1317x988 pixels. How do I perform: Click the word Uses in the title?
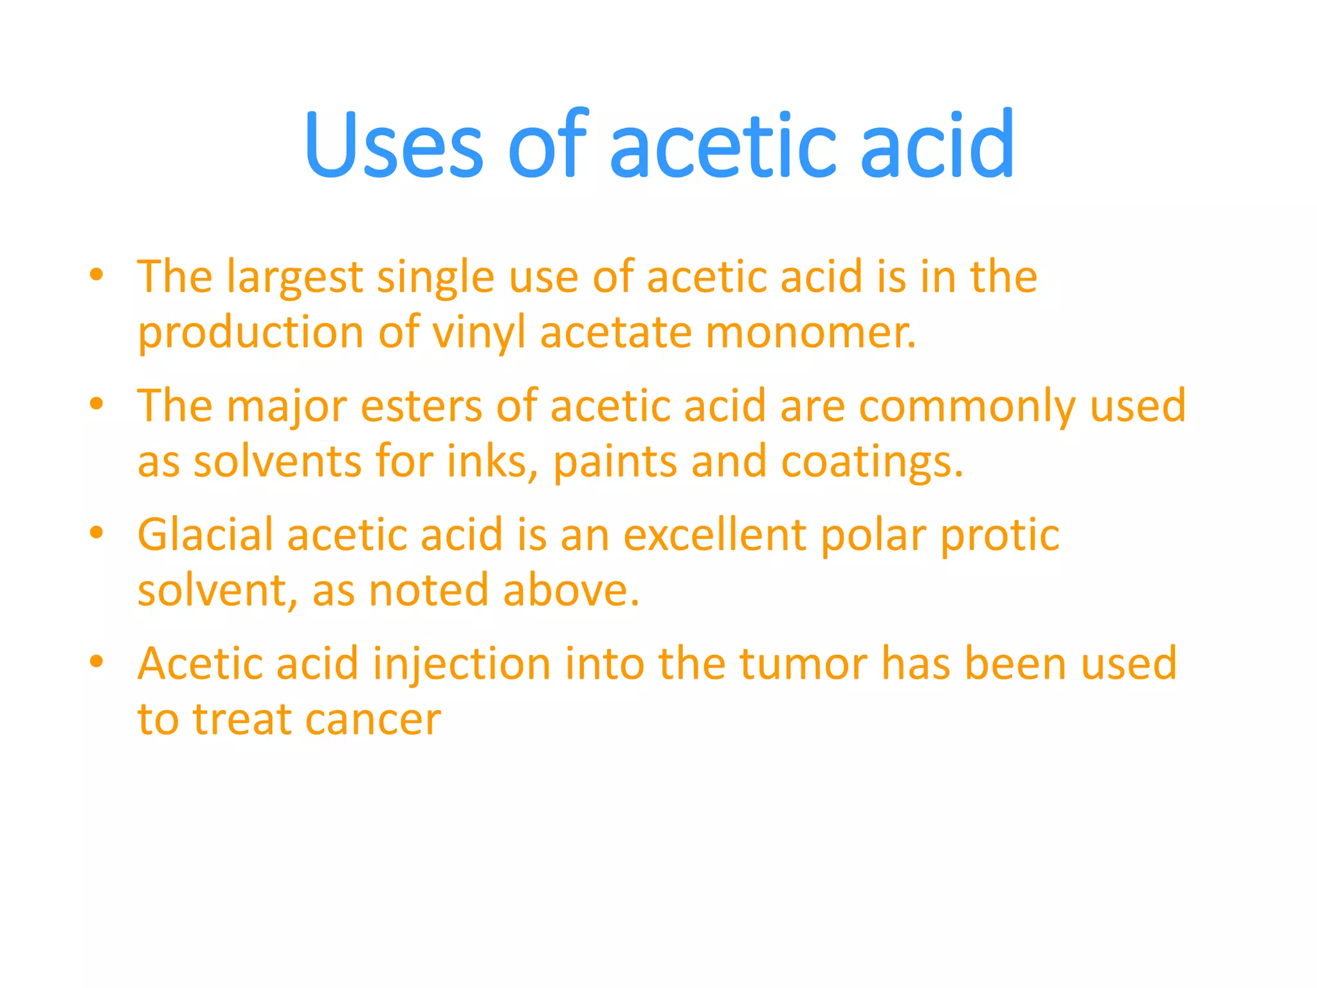point(394,145)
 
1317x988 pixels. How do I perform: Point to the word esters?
point(421,408)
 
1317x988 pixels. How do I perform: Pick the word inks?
point(492,462)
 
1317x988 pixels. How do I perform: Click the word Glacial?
point(205,535)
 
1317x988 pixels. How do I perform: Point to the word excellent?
point(714,535)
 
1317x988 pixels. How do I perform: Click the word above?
point(571,590)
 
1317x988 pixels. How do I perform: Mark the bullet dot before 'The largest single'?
point(96,275)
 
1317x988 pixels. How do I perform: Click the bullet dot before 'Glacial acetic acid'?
point(96,533)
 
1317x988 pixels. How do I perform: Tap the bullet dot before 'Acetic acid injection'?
point(96,661)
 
